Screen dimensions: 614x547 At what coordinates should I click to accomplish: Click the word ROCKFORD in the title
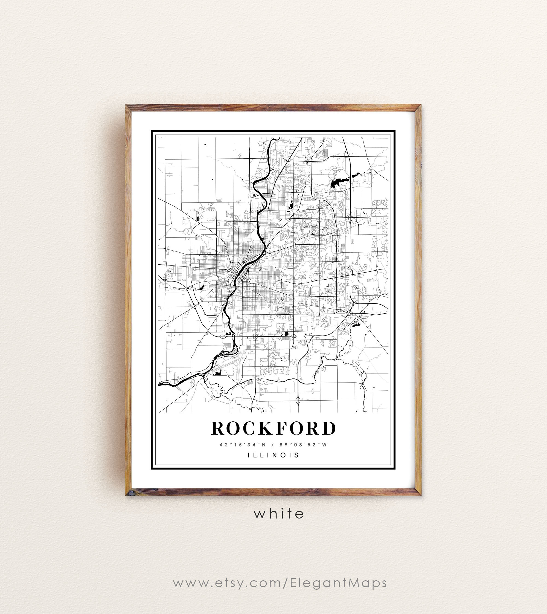click(x=273, y=428)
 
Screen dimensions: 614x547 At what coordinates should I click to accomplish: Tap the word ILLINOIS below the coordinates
click(x=273, y=455)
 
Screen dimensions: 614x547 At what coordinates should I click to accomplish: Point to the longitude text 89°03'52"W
click(x=303, y=444)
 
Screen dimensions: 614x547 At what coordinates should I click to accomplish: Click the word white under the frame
click(x=279, y=514)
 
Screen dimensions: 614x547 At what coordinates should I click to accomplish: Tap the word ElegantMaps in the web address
click(x=338, y=583)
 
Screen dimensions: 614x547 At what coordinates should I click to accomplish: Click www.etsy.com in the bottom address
click(x=227, y=583)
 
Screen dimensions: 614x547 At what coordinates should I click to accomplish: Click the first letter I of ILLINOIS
click(x=249, y=455)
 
